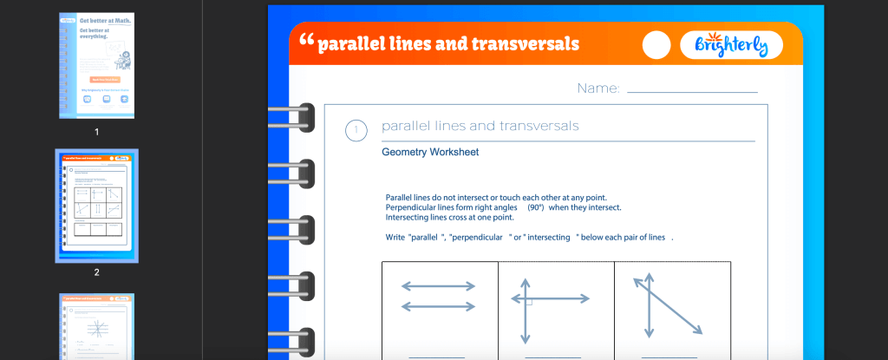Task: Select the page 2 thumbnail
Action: tap(97, 206)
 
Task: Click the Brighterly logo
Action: tap(731, 44)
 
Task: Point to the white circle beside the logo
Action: tap(657, 45)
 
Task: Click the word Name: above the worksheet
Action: tap(598, 88)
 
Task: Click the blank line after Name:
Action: tap(692, 90)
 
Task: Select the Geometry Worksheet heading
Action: tap(430, 153)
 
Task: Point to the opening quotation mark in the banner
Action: tap(304, 41)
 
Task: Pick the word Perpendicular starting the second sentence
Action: tap(415, 207)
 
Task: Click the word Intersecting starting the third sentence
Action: tap(411, 217)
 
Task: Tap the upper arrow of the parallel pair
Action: tap(438, 286)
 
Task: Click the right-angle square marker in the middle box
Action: tap(529, 303)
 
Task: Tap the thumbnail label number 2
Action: tap(97, 272)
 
